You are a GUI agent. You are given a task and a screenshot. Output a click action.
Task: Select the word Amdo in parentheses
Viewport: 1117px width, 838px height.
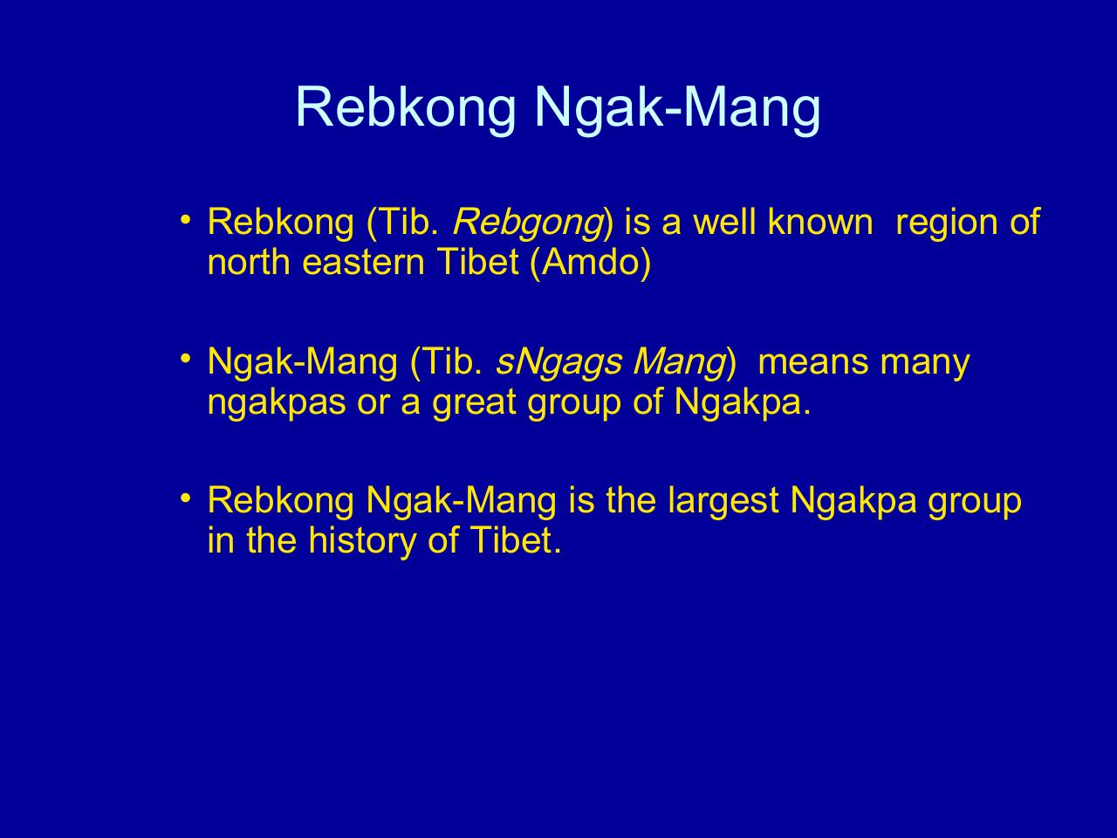point(590,262)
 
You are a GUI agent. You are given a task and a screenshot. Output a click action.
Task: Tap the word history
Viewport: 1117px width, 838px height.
point(362,541)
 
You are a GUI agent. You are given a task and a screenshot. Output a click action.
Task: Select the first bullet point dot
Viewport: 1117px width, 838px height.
point(186,220)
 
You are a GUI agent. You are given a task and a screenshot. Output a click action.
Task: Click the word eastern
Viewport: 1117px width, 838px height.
point(363,263)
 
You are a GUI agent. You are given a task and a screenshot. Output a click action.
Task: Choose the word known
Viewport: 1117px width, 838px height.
point(820,222)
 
